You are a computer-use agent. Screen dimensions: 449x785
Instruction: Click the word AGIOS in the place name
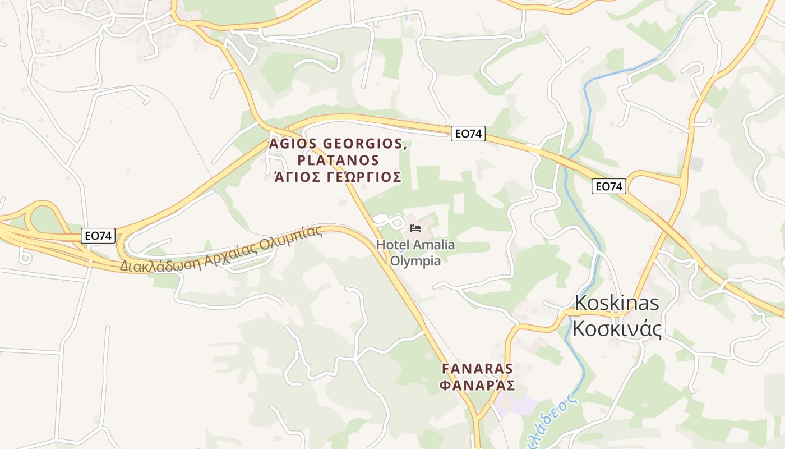(294, 144)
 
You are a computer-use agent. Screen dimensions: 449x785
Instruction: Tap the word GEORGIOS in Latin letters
(363, 144)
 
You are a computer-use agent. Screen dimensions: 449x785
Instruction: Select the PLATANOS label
(339, 161)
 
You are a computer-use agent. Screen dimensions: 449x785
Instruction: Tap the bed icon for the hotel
(415, 228)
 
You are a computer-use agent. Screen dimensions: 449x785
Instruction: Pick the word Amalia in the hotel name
(434, 245)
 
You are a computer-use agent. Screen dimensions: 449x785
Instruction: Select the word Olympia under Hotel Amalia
(415, 261)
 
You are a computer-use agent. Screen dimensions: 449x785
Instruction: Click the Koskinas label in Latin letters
(617, 303)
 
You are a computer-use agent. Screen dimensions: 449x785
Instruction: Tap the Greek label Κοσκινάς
(617, 328)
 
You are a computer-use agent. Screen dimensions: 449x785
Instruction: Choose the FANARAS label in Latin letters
(478, 369)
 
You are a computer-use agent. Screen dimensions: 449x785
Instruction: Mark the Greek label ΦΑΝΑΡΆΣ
(478, 386)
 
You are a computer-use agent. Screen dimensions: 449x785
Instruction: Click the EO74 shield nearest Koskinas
(609, 186)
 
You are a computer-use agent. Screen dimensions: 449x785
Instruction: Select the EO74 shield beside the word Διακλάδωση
(98, 236)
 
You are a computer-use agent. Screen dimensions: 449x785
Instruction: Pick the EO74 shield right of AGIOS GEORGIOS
(468, 134)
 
